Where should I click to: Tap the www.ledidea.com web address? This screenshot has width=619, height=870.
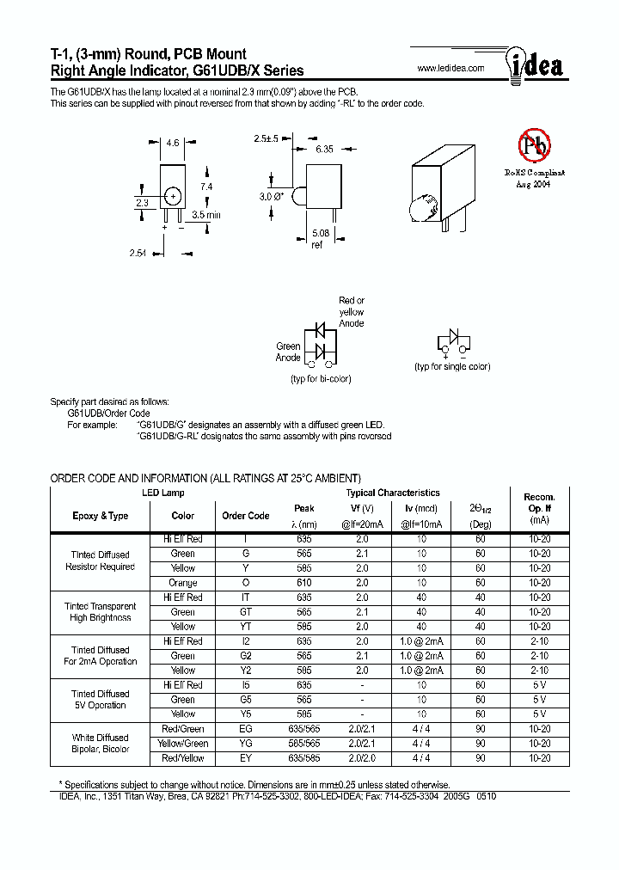click(450, 69)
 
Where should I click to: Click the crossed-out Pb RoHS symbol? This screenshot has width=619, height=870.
click(533, 146)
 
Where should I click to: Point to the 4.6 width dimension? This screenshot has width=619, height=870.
click(172, 144)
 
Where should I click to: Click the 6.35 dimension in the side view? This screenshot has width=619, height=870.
click(323, 150)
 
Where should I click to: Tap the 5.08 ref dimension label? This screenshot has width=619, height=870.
click(320, 237)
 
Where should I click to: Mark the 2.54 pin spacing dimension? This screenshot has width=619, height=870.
click(138, 254)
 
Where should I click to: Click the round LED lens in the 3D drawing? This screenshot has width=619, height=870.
click(424, 206)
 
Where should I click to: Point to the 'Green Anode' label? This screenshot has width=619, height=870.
click(288, 352)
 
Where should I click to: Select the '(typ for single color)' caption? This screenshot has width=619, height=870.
click(452, 366)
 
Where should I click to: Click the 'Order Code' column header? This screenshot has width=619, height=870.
click(246, 516)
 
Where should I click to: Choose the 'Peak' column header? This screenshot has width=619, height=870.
click(304, 508)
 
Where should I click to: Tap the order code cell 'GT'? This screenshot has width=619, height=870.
click(246, 612)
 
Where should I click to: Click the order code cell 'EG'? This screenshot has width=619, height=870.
click(246, 729)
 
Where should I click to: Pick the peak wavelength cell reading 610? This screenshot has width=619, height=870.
click(304, 583)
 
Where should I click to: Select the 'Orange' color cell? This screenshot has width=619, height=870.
click(182, 583)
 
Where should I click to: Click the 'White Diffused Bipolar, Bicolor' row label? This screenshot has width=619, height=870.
click(101, 744)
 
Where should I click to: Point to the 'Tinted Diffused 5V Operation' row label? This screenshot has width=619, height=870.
click(101, 700)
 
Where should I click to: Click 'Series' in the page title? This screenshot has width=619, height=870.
click(283, 70)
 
